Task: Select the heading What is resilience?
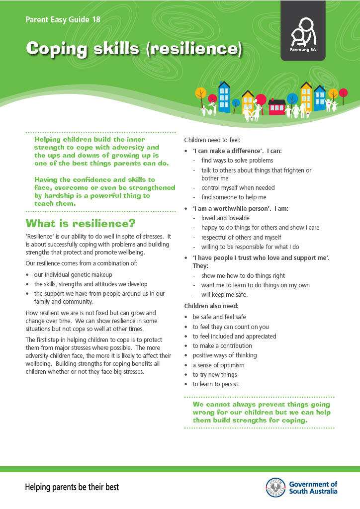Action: click(x=80, y=223)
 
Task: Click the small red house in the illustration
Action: click(x=276, y=106)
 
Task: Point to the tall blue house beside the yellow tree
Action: click(x=224, y=97)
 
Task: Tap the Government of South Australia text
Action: click(x=313, y=487)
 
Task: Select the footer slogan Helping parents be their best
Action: click(x=72, y=487)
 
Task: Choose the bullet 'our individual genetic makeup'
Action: click(x=73, y=274)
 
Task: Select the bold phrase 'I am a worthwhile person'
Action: click(x=226, y=208)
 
